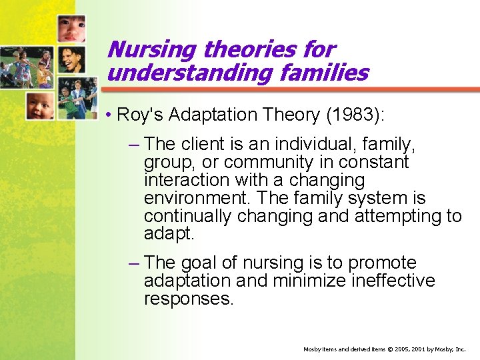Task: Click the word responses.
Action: (x=189, y=299)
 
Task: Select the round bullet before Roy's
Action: (x=108, y=115)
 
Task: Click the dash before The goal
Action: (x=134, y=263)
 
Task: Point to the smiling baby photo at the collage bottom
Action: (x=40, y=105)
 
